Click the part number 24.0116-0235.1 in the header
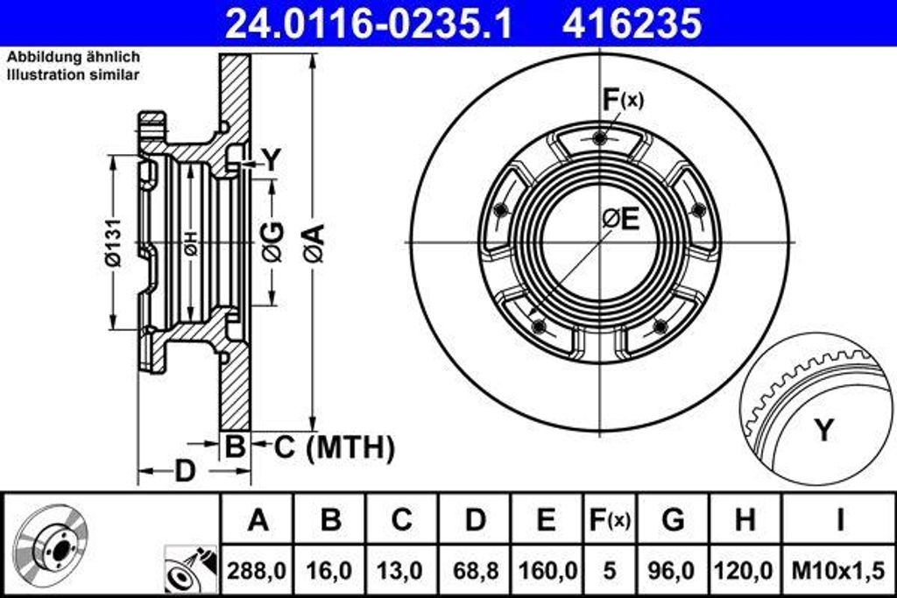pyautogui.click(x=369, y=24)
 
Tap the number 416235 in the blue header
pyautogui.click(x=632, y=24)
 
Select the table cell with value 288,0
pyautogui.click(x=257, y=571)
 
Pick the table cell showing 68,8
pyautogui.click(x=475, y=571)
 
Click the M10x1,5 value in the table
pyautogui.click(x=838, y=571)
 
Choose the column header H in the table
pyautogui.click(x=745, y=520)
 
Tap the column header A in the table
pyautogui.click(x=258, y=520)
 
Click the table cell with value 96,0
pyautogui.click(x=673, y=571)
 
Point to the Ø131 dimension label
pyautogui.click(x=113, y=242)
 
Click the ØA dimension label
pyautogui.click(x=314, y=243)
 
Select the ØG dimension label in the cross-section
pyautogui.click(x=273, y=242)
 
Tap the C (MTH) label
pyautogui.click(x=335, y=447)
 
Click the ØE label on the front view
pyautogui.click(x=621, y=218)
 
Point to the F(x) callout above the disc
pyautogui.click(x=623, y=100)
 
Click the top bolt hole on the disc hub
pyautogui.click(x=599, y=137)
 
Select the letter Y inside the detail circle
pyautogui.click(x=823, y=429)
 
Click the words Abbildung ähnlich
pyautogui.click(x=74, y=57)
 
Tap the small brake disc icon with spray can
pyautogui.click(x=190, y=570)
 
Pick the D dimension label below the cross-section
pyautogui.click(x=184, y=471)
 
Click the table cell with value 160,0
pyautogui.click(x=547, y=571)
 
